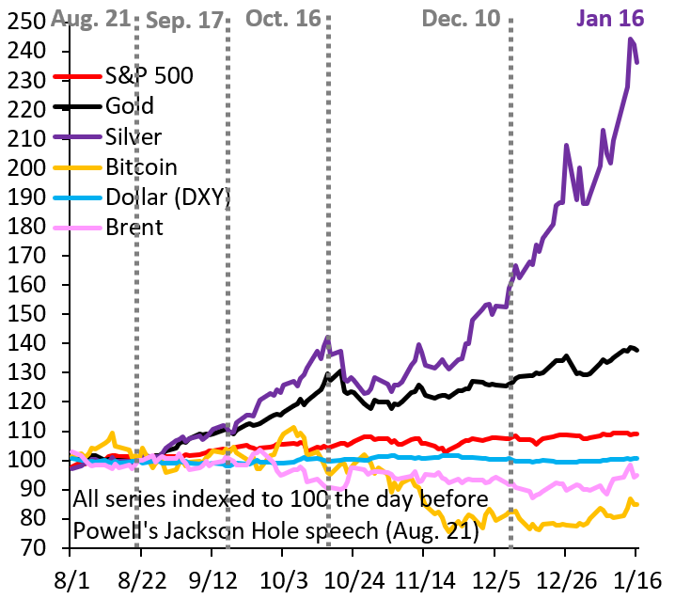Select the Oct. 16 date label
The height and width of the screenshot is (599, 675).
pyautogui.click(x=283, y=18)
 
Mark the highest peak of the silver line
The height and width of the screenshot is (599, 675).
pyautogui.click(x=631, y=39)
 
